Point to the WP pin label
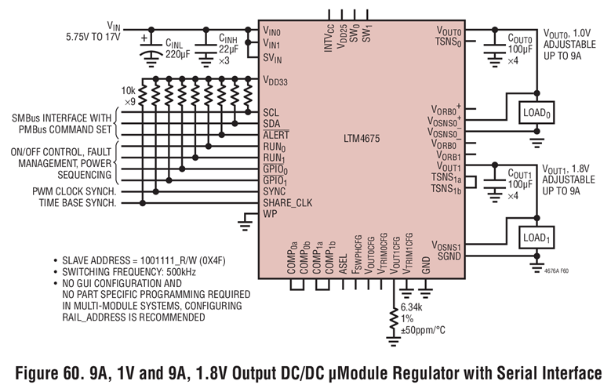click(270, 213)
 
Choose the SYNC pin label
click(275, 191)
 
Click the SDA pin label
click(271, 123)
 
